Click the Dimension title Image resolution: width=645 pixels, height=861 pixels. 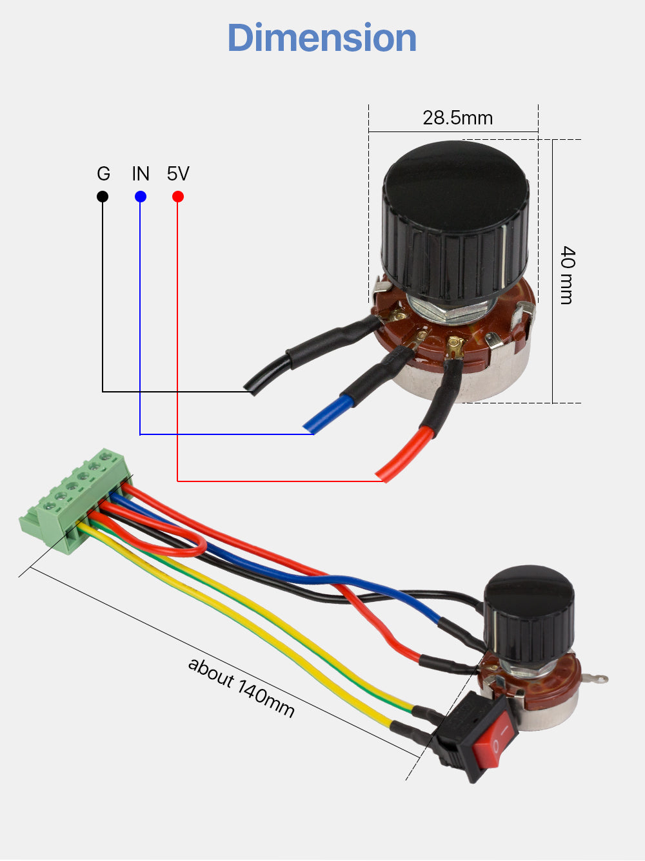pos(322,37)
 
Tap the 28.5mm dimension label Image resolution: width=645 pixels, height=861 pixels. pos(457,118)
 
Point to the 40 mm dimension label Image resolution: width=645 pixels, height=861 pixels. pos(567,275)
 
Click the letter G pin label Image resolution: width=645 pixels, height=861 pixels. pos(103,174)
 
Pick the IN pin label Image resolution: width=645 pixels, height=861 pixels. pos(141,174)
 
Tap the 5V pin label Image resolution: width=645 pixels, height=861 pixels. pos(178,174)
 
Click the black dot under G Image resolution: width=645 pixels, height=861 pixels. pos(103,197)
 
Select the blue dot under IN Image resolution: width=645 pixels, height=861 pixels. pos(141,197)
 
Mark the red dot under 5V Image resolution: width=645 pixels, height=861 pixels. pos(178,197)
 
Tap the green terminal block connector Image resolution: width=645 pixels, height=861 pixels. pos(74,499)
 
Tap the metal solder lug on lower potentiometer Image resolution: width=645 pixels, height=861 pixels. pos(597,678)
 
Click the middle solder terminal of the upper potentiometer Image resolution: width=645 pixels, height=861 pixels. pos(422,336)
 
